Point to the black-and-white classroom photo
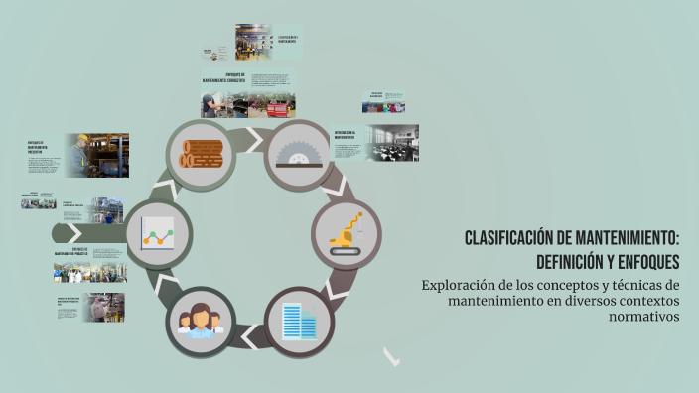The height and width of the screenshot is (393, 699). [x=391, y=142]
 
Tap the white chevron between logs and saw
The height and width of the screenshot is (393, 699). [x=254, y=133]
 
